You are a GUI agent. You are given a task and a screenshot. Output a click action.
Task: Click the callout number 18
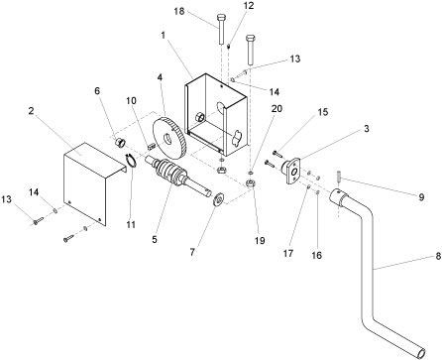[179, 12]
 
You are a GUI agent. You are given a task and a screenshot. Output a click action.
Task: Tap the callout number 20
[276, 108]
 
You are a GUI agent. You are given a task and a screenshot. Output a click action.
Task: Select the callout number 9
[421, 197]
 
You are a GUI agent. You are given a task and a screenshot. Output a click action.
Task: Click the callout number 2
[31, 111]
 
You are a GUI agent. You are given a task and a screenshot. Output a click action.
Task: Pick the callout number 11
[131, 224]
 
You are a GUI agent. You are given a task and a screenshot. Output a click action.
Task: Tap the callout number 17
[288, 253]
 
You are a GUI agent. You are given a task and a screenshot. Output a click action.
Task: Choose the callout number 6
[97, 90]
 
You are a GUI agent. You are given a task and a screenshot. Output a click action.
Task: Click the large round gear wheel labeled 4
[169, 136]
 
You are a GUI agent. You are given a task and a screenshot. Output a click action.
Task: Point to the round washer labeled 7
[218, 199]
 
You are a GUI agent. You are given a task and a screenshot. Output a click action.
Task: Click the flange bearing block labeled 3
[291, 170]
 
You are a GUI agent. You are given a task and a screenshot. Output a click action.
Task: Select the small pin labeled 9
[339, 176]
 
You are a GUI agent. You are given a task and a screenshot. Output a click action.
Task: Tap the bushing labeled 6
[120, 143]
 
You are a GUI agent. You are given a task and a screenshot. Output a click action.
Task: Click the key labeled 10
[151, 145]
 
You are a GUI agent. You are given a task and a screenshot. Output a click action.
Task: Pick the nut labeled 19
[251, 183]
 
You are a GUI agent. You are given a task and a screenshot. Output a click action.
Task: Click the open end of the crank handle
[422, 353]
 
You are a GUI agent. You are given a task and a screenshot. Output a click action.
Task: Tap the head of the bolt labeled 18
[221, 17]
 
